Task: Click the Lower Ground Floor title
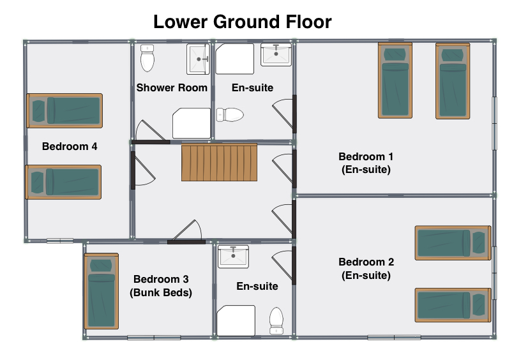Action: click(243, 22)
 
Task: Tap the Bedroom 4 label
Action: click(70, 146)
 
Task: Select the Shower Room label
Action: click(172, 88)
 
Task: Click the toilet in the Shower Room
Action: click(147, 58)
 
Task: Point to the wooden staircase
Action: click(219, 163)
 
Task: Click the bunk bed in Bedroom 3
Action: click(102, 291)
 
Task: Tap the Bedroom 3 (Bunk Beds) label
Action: click(161, 286)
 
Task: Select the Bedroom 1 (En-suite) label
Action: click(366, 163)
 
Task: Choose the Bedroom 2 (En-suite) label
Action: click(366, 269)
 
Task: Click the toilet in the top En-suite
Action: click(230, 115)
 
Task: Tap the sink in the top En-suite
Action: click(276, 55)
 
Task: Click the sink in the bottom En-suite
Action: click(234, 257)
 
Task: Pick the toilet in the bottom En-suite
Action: click(276, 320)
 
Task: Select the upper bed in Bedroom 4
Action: click(64, 110)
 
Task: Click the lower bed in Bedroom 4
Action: click(64, 182)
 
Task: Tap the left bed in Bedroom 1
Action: click(395, 80)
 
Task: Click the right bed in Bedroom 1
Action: click(453, 81)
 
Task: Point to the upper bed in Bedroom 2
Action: click(453, 243)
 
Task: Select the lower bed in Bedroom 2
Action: click(453, 305)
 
